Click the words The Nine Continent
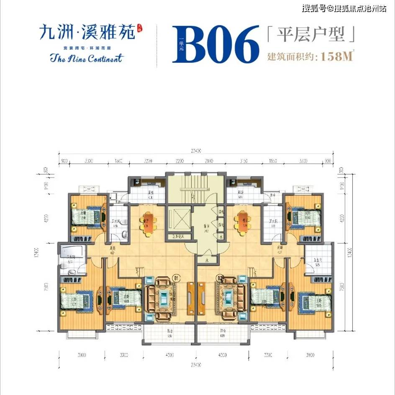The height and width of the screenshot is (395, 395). (x=87, y=58)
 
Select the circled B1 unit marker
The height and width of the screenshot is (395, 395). (x=176, y=277)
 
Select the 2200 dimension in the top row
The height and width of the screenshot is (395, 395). (x=180, y=161)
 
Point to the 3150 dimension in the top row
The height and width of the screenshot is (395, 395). (x=242, y=161)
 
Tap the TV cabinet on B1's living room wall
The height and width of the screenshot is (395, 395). (x=190, y=298)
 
